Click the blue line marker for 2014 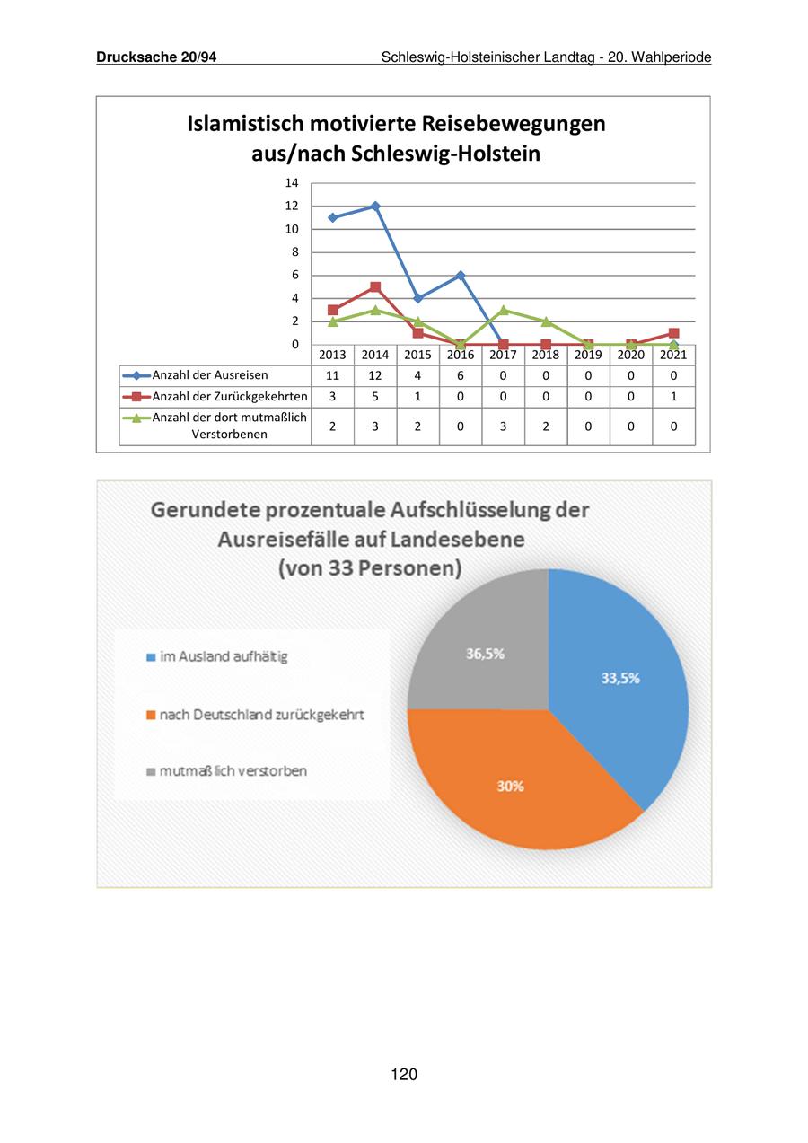click(375, 207)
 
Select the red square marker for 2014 click(375, 287)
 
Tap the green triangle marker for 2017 click(503, 310)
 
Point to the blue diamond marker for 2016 click(461, 276)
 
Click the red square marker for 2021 click(673, 333)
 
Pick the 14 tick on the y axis click(292, 183)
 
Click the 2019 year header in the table click(588, 355)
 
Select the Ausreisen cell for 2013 click(332, 376)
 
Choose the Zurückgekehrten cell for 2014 click(375, 397)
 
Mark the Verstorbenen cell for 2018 click(546, 426)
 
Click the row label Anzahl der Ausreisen click(210, 375)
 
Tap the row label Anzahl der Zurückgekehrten click(230, 397)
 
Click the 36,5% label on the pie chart click(485, 654)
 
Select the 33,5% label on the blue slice click(620, 679)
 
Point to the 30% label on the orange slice click(511, 787)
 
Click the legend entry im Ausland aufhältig click(224, 657)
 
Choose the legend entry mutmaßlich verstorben click(233, 771)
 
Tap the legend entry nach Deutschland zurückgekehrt click(261, 716)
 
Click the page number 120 click(404, 1075)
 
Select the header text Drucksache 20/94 click(156, 57)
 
